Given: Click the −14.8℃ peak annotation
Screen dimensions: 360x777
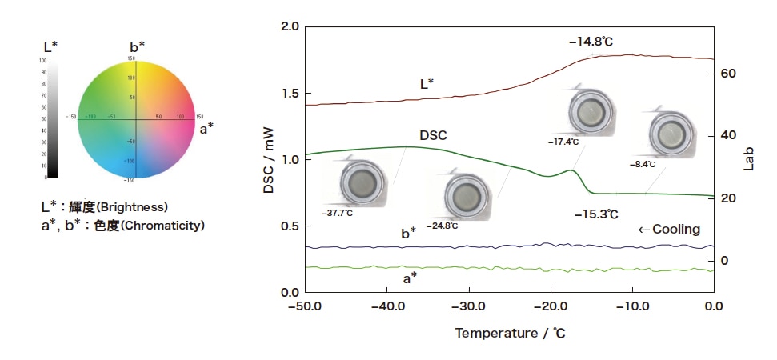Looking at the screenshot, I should click(x=596, y=39).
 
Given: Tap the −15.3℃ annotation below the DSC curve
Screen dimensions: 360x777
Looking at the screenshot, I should click(x=596, y=214).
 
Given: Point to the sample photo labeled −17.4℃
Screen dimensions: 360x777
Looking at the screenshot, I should click(x=591, y=112).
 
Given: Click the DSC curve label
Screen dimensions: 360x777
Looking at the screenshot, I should click(x=433, y=135).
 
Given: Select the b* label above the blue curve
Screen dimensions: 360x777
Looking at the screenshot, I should click(x=408, y=233).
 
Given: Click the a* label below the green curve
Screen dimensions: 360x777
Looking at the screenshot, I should click(x=409, y=278).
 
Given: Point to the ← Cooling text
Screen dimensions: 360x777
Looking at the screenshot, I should click(x=669, y=229).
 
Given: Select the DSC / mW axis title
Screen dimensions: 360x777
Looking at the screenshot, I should click(x=269, y=160).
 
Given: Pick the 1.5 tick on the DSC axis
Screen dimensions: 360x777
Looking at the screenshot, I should click(x=290, y=93).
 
